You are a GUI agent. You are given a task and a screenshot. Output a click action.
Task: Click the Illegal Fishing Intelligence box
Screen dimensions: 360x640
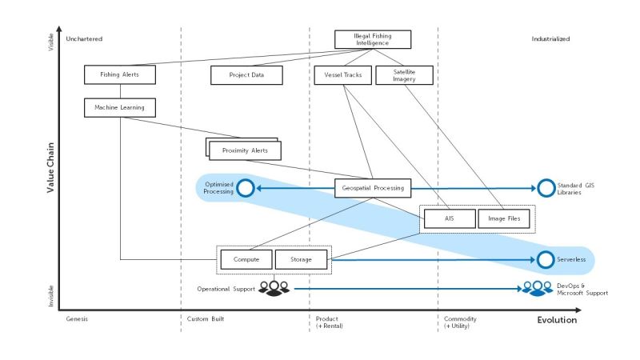(372, 39)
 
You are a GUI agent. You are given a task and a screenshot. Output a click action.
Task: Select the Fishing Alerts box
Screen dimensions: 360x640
(118, 75)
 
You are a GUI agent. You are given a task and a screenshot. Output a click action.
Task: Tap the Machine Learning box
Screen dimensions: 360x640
(119, 106)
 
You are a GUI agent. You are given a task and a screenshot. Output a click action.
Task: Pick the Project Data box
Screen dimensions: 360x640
(246, 75)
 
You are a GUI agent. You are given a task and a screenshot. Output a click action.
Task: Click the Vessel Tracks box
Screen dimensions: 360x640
(342, 75)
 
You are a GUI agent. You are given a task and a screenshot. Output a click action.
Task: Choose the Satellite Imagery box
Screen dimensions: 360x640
(404, 75)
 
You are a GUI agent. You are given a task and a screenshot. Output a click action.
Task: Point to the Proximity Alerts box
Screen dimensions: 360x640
(245, 150)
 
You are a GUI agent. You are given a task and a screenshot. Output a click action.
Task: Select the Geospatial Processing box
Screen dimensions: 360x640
(372, 189)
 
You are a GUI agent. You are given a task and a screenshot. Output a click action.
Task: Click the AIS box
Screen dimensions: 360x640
(449, 218)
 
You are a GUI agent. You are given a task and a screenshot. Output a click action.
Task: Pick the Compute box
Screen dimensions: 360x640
(246, 259)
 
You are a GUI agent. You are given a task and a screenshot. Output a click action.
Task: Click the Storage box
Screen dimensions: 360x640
(302, 259)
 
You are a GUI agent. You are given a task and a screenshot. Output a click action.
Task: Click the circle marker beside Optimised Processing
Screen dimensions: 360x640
(246, 189)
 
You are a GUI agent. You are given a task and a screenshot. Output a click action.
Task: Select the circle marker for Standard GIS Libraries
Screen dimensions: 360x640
(546, 189)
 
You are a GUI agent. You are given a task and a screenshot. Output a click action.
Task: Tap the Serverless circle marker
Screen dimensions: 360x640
(546, 259)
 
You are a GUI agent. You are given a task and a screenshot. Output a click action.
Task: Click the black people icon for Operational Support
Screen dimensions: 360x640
(274, 286)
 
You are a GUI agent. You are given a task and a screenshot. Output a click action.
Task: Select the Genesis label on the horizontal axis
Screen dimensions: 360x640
(77, 318)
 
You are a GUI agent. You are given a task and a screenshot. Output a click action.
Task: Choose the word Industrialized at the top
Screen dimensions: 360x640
(550, 38)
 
